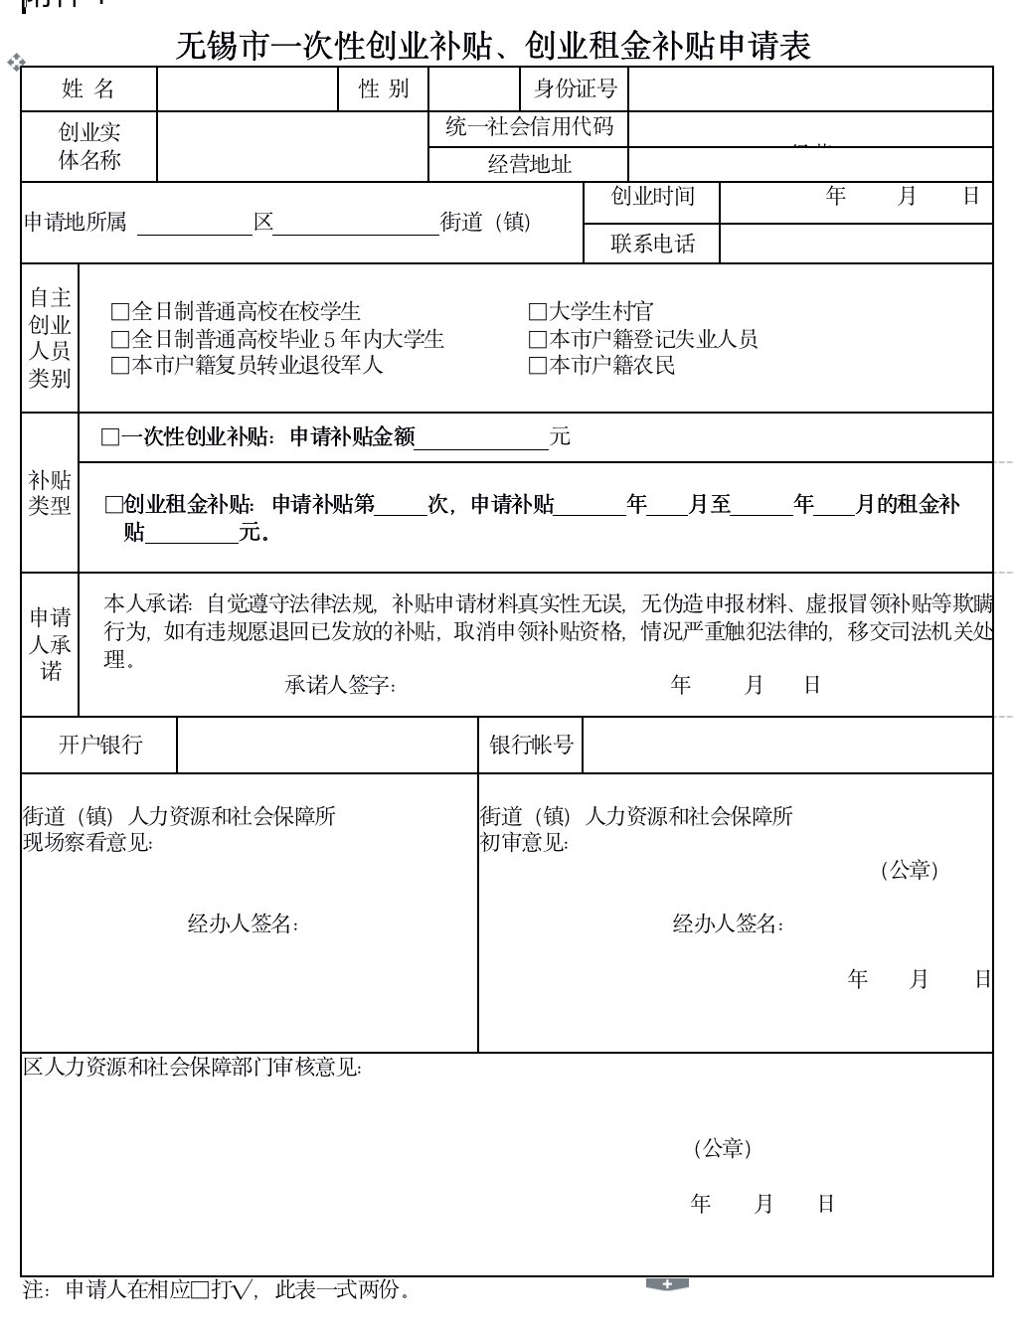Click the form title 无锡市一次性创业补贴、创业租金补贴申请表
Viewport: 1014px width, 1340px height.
click(x=494, y=46)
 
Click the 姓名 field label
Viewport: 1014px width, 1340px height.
click(x=88, y=88)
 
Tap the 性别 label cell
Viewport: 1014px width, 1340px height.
click(x=384, y=88)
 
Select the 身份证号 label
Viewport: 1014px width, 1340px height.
click(x=576, y=88)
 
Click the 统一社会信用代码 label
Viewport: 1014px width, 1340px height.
click(x=529, y=127)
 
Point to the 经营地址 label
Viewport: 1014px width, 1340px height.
click(x=529, y=164)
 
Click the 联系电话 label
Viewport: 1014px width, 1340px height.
click(x=652, y=244)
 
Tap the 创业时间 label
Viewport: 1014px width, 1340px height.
click(x=652, y=197)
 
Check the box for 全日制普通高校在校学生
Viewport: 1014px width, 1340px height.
click(x=120, y=312)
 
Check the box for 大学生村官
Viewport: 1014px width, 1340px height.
click(x=538, y=312)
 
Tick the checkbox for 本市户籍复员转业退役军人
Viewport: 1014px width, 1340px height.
click(x=120, y=366)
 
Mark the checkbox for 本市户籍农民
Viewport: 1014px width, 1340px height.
click(x=538, y=366)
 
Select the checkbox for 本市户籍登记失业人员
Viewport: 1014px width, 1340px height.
click(x=538, y=339)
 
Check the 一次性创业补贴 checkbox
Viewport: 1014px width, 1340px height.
click(x=110, y=437)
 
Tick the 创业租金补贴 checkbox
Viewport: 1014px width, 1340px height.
click(x=114, y=505)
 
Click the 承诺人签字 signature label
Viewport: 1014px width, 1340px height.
click(x=340, y=685)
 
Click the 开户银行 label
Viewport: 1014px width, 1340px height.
click(x=99, y=745)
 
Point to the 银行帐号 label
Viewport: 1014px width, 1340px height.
click(x=531, y=745)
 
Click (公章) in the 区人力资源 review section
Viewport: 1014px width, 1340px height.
click(x=722, y=1149)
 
